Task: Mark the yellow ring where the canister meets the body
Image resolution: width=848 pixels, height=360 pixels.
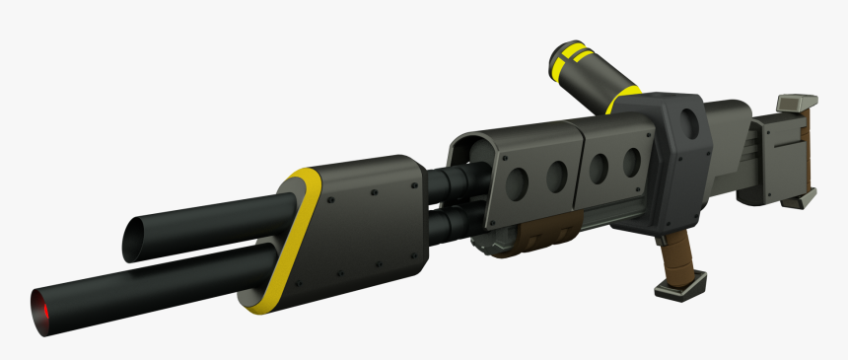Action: (x=623, y=100)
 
